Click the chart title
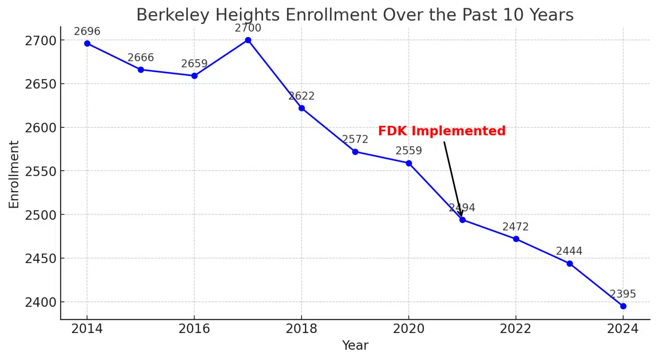(x=355, y=15)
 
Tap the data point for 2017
(x=248, y=40)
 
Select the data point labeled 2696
(x=87, y=44)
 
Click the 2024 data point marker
(x=623, y=306)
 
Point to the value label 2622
(x=302, y=96)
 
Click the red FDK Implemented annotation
(x=441, y=131)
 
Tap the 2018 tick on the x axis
(x=302, y=328)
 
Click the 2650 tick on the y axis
(x=41, y=84)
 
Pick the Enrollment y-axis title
(x=14, y=174)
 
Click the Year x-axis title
(x=355, y=345)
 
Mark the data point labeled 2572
(x=355, y=152)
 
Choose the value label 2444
(x=569, y=251)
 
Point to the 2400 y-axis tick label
(x=41, y=302)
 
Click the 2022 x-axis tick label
(x=515, y=328)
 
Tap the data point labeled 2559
(x=409, y=163)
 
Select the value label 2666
(x=141, y=58)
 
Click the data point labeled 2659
(x=194, y=76)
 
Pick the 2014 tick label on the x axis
(x=87, y=328)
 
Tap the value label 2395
(x=623, y=294)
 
